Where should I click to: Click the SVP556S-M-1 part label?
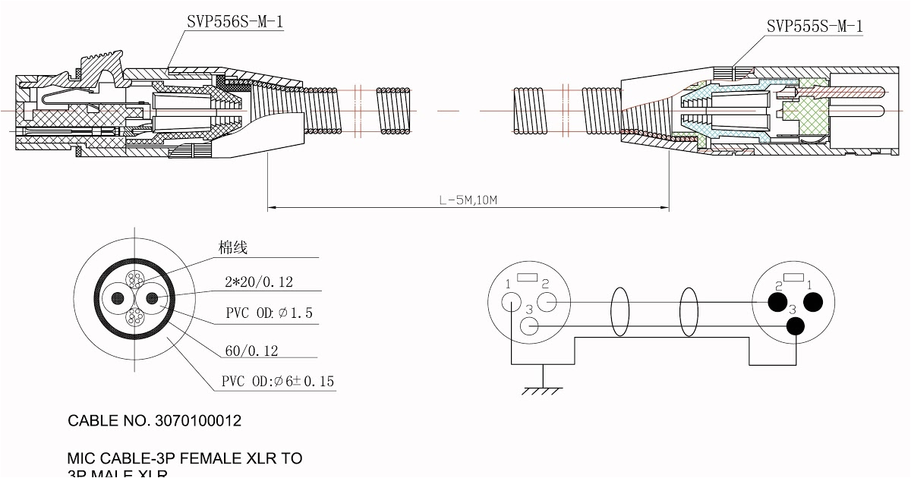(235, 22)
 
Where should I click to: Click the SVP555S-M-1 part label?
(815, 27)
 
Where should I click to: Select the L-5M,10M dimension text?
(468, 201)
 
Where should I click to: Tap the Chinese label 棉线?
(233, 248)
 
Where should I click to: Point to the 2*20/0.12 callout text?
(259, 282)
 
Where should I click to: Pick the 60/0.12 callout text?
(251, 350)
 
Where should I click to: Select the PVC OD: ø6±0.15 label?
(278, 382)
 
